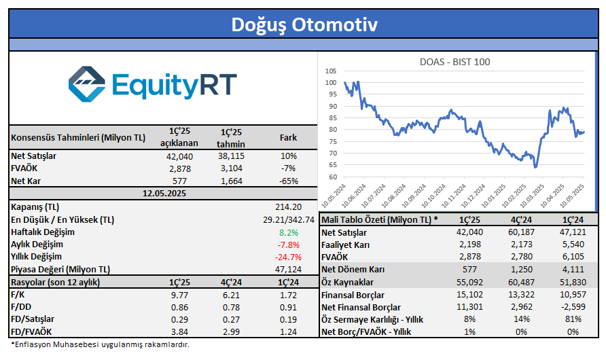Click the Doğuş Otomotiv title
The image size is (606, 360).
click(303, 24)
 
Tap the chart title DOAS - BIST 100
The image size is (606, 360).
click(455, 62)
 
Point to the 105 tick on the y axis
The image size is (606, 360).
click(330, 71)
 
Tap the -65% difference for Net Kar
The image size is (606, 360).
click(288, 181)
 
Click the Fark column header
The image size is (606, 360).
click(288, 138)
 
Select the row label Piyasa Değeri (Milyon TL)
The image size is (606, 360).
click(60, 269)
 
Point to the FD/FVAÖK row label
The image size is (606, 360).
click(34, 331)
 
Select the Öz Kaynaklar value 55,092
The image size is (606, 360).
click(467, 282)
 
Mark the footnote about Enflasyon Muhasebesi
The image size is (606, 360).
click(100, 344)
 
